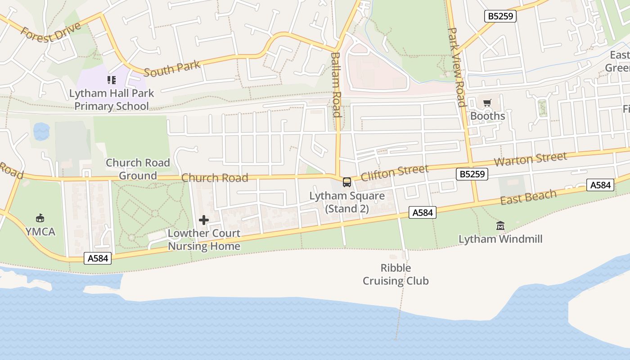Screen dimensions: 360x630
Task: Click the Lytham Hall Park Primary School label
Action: point(111,100)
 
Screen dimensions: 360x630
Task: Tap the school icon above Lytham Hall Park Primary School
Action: point(111,80)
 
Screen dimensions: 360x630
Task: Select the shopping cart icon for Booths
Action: point(487,103)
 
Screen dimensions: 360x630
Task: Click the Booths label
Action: point(487,116)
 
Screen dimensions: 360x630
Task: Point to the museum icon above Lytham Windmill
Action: point(500,225)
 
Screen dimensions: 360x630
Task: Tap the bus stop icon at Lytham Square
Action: point(346,182)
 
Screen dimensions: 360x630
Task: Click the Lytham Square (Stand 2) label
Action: point(347,202)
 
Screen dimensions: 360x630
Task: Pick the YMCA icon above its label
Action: point(40,218)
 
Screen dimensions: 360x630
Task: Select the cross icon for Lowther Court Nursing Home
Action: point(204,220)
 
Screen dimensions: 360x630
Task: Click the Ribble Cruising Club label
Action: point(396,274)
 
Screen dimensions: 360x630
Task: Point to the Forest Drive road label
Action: point(51,31)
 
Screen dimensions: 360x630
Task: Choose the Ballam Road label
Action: point(336,85)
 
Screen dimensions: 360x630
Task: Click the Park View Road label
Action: point(456,67)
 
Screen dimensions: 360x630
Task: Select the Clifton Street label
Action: point(395,172)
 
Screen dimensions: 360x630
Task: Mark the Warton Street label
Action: point(530,159)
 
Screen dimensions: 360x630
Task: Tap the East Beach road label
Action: point(528,197)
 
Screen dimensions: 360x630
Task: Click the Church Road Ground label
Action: point(138,169)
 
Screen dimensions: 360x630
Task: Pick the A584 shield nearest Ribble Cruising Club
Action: point(423,212)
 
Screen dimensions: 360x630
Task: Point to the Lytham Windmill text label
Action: point(500,239)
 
